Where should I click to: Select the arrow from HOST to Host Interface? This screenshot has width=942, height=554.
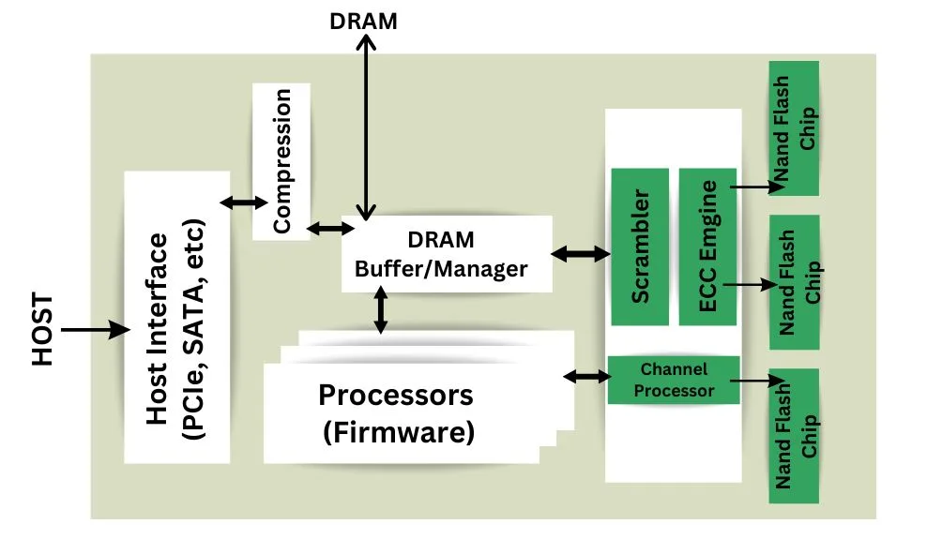pyautogui.click(x=95, y=329)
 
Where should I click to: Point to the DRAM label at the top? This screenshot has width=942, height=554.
pyautogui.click(x=364, y=21)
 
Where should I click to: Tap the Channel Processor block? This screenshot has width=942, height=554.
pyautogui.click(x=674, y=380)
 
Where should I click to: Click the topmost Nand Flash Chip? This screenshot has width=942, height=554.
pyautogui.click(x=793, y=128)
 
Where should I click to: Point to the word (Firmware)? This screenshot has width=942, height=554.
pyautogui.click(x=398, y=434)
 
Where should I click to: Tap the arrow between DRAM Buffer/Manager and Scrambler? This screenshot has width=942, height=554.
pyautogui.click(x=581, y=253)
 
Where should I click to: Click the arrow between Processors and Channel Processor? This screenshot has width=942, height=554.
pyautogui.click(x=585, y=377)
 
